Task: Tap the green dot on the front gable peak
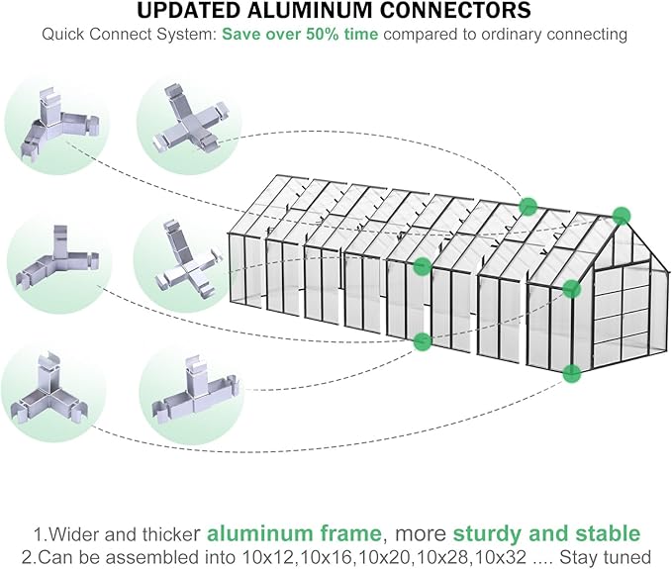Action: point(622,215)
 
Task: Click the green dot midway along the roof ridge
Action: point(528,206)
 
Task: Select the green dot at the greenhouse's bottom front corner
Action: point(571,373)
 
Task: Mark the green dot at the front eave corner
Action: point(571,289)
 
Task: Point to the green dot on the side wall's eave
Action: point(423,265)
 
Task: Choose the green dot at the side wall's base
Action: point(423,341)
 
